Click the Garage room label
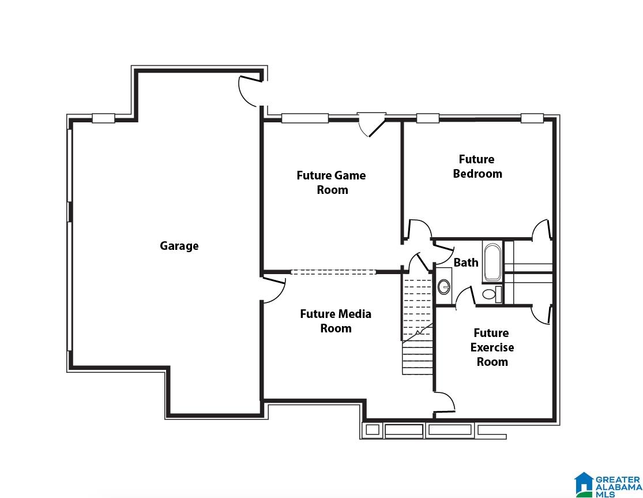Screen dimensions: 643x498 (x=179, y=246)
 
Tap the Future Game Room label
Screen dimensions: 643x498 (x=332, y=182)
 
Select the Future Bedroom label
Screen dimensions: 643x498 (x=477, y=166)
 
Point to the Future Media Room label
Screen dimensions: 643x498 (x=336, y=321)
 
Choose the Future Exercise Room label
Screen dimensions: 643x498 (x=492, y=347)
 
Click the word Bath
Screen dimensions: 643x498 (x=466, y=262)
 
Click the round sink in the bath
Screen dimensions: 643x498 (x=443, y=286)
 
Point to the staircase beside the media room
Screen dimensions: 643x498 (x=418, y=324)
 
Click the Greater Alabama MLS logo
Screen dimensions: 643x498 (x=608, y=485)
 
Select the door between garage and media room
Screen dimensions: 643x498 (x=273, y=290)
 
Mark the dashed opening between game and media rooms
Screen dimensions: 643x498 (x=333, y=272)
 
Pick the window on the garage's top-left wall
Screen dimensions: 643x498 (x=103, y=118)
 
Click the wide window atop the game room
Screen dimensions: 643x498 (x=304, y=118)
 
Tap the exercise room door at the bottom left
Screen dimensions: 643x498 (x=444, y=402)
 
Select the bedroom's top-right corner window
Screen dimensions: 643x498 (x=532, y=118)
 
